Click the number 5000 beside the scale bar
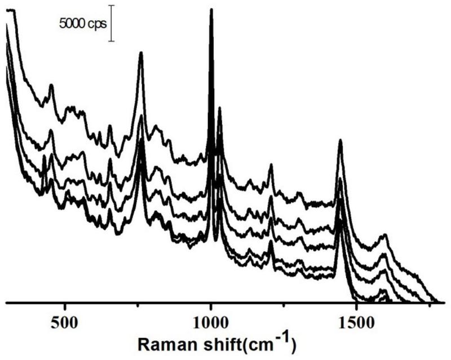73,24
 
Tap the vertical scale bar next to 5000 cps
111,23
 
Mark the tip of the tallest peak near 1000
211,10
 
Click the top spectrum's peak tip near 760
141,53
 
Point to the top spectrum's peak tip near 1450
341,140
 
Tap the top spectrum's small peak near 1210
271,165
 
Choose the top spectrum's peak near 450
51,86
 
